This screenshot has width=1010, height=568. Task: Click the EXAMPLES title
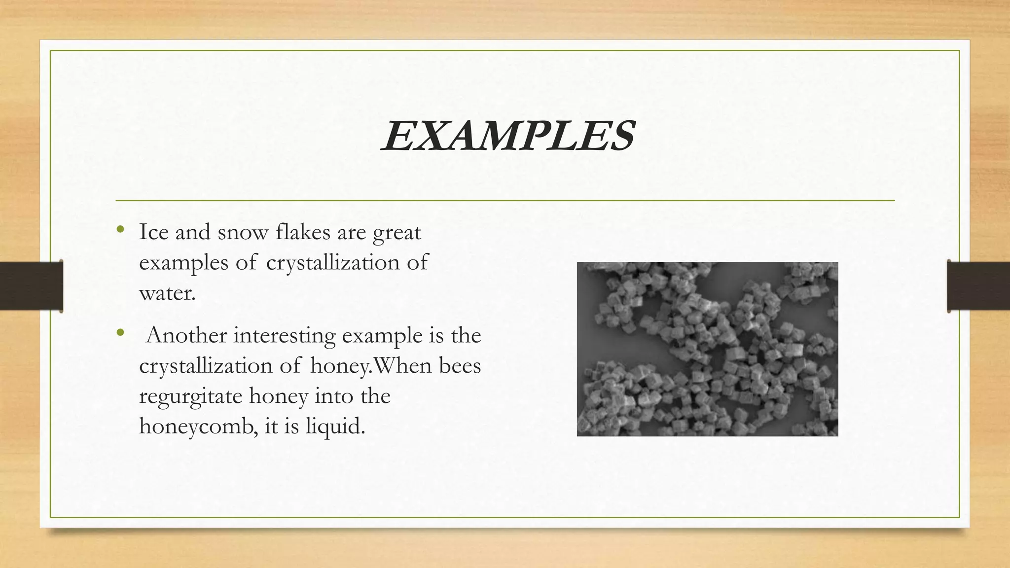[x=507, y=136]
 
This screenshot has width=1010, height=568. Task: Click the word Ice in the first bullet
[x=154, y=232]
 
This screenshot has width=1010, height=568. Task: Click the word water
[x=167, y=293]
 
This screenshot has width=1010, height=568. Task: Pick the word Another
[x=187, y=336]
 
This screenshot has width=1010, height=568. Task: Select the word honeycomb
[x=198, y=426]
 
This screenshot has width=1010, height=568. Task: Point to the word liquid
[x=335, y=426]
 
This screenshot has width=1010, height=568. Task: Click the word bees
[x=460, y=366]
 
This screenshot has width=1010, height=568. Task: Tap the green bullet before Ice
[x=120, y=229]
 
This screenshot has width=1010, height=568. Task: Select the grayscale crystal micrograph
[x=707, y=349]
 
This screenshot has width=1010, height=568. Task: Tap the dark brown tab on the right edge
[x=978, y=286]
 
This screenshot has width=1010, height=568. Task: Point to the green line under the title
[x=505, y=201]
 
